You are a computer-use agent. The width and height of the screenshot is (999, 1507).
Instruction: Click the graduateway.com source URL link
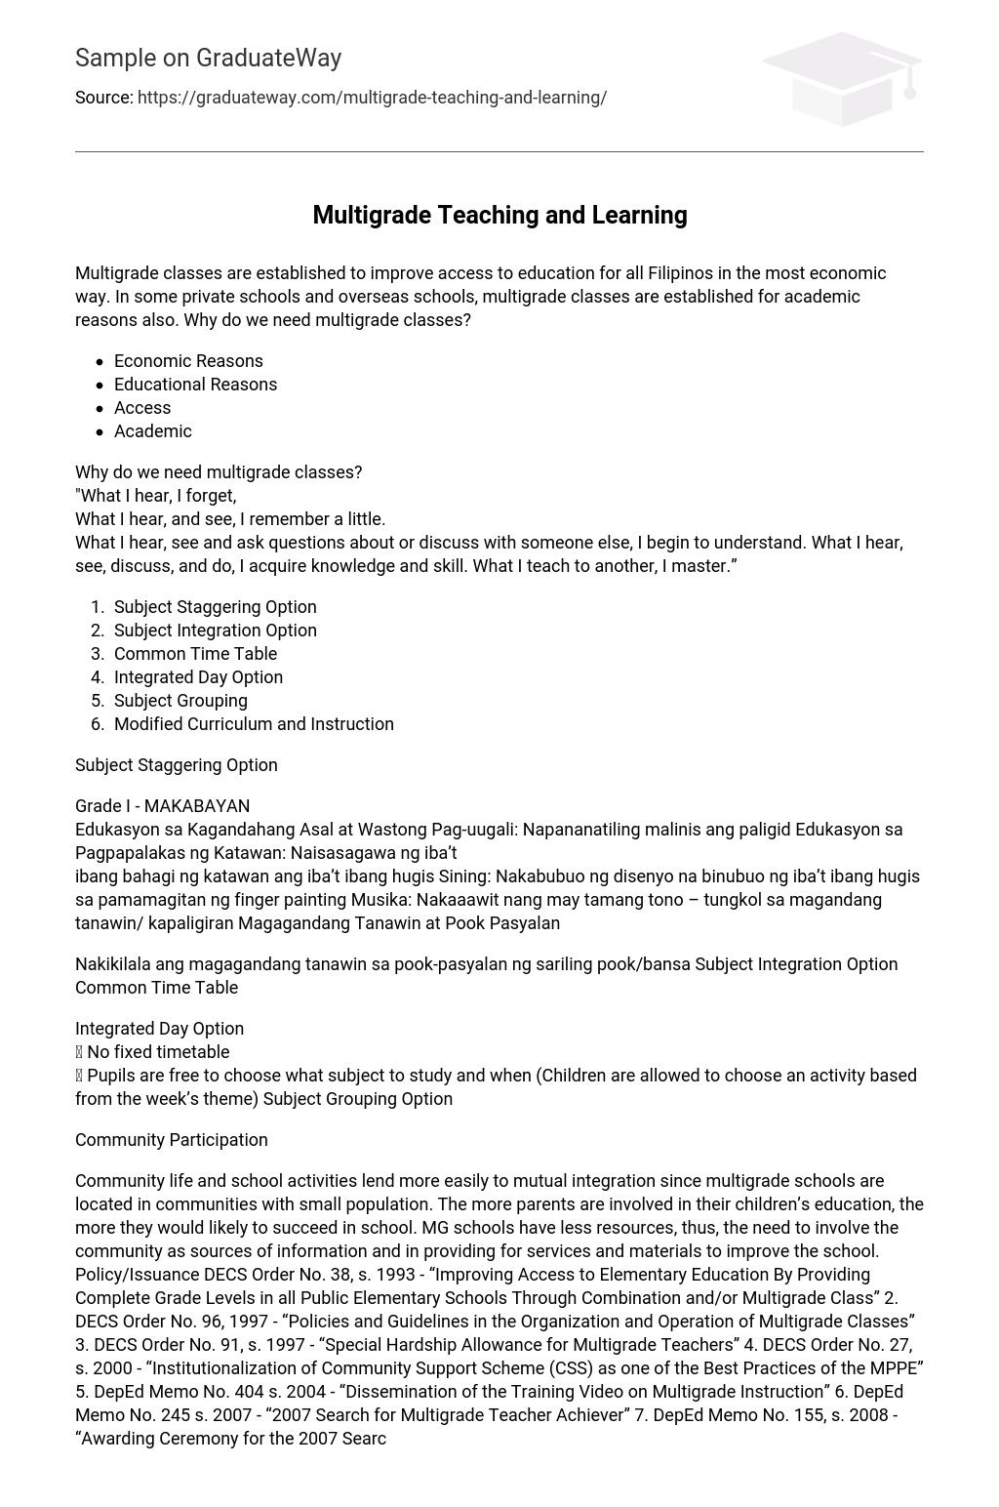coord(372,98)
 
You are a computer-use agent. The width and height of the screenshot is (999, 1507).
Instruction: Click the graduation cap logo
coord(842,78)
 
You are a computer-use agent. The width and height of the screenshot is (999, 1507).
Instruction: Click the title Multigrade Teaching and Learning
coord(499,215)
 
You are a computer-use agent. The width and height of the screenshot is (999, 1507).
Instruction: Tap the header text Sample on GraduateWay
coord(208,59)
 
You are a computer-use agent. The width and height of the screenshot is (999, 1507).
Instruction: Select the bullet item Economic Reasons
coord(188,361)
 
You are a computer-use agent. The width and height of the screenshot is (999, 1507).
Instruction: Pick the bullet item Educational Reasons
coord(195,385)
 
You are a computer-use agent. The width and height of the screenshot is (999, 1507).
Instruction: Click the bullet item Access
coord(142,408)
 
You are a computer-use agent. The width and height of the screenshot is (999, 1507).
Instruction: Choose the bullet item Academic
coord(153,431)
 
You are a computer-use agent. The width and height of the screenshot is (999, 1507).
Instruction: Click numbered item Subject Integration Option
coord(215,631)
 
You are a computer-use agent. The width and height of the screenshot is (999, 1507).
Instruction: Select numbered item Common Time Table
coord(195,654)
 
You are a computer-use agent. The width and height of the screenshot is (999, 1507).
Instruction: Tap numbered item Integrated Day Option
coord(198,677)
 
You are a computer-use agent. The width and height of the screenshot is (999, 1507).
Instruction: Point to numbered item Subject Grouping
coord(180,701)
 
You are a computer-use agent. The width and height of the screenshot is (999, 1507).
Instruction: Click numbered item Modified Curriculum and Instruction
coord(254,724)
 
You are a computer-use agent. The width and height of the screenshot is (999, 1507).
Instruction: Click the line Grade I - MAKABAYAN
coord(162,806)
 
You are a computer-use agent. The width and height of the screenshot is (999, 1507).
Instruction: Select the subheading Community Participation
coord(171,1140)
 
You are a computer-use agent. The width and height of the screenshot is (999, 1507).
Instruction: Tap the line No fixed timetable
coord(157,1052)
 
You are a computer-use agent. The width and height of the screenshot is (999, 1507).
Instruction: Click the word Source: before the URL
coord(103,98)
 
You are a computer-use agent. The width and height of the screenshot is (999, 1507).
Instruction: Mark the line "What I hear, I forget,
coord(156,496)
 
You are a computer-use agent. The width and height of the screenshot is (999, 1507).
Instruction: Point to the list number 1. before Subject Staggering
coord(97,607)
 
